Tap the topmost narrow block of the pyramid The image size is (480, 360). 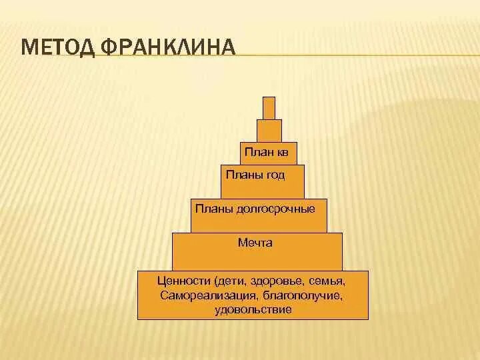(269, 108)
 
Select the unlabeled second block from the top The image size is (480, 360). (269, 131)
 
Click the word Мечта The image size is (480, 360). (255, 243)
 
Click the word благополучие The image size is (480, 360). (303, 295)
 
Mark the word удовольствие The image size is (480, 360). (253, 309)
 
